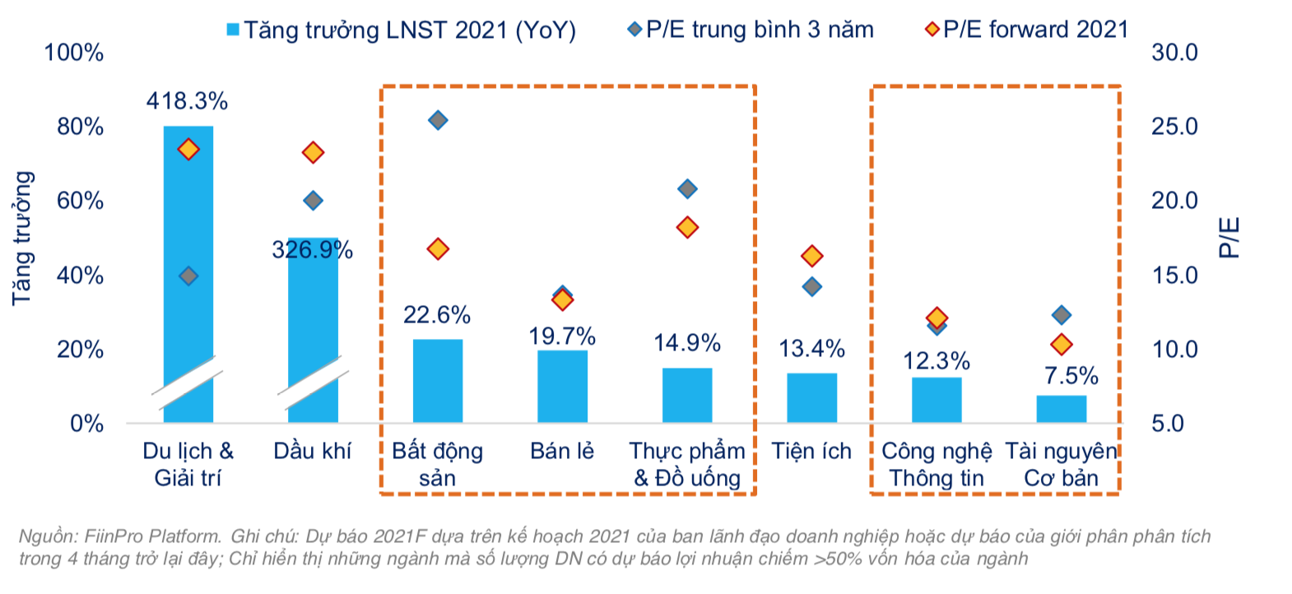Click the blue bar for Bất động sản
click(437, 381)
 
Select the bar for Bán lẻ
click(562, 387)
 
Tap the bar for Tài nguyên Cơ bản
click(1061, 409)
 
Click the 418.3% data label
click(187, 101)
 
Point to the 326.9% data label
click(312, 249)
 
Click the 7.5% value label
click(1071, 376)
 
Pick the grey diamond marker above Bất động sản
click(438, 120)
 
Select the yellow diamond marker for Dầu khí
click(313, 152)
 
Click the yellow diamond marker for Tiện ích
click(812, 256)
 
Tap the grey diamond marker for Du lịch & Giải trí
click(188, 276)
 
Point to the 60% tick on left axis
click(80, 201)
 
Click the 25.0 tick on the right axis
click(1174, 127)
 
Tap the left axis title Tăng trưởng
click(22, 239)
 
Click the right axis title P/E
click(1229, 238)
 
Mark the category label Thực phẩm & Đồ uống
click(687, 464)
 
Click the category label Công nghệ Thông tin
click(936, 464)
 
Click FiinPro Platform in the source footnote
click(152, 536)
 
